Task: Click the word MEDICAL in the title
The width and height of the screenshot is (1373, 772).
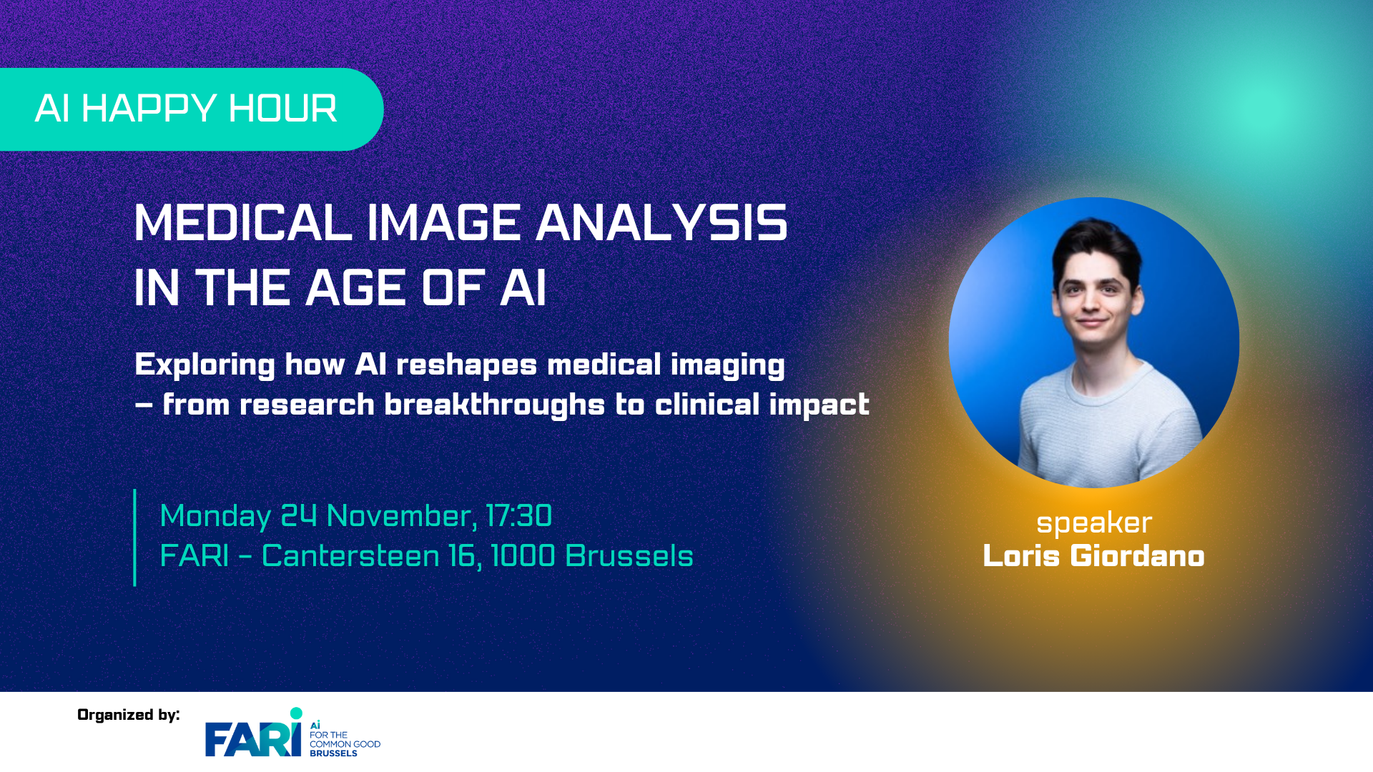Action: (243, 223)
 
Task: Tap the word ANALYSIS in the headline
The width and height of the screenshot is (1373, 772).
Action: (661, 223)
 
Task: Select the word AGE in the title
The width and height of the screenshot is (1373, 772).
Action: (357, 288)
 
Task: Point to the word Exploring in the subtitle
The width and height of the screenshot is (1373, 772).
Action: (205, 365)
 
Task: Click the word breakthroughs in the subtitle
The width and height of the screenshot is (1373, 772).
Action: (495, 405)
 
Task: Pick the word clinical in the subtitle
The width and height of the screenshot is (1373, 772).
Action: (707, 405)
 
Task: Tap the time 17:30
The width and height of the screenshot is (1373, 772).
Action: (518, 515)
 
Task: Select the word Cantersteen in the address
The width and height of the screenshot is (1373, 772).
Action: (350, 556)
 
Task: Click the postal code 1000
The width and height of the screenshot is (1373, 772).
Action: (523, 556)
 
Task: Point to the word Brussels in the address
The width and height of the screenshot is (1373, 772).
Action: (629, 556)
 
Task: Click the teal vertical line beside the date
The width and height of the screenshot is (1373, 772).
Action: (134, 538)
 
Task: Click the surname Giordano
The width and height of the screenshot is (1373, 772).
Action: (1137, 556)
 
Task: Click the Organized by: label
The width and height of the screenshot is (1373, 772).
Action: (129, 715)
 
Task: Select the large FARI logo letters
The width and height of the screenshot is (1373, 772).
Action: (253, 738)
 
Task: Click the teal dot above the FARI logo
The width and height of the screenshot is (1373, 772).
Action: (296, 713)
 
